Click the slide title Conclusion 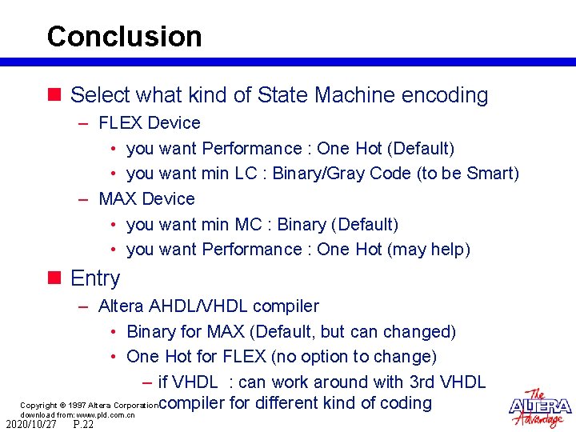point(124,37)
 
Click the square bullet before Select point(54,95)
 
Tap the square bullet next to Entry point(54,278)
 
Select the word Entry point(95,278)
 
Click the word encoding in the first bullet point(444,95)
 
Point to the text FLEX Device point(149,123)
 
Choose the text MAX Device point(146,198)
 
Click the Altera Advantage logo point(540,408)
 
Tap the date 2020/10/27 point(31,425)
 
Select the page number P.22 point(82,425)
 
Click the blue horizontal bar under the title point(288,62)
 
